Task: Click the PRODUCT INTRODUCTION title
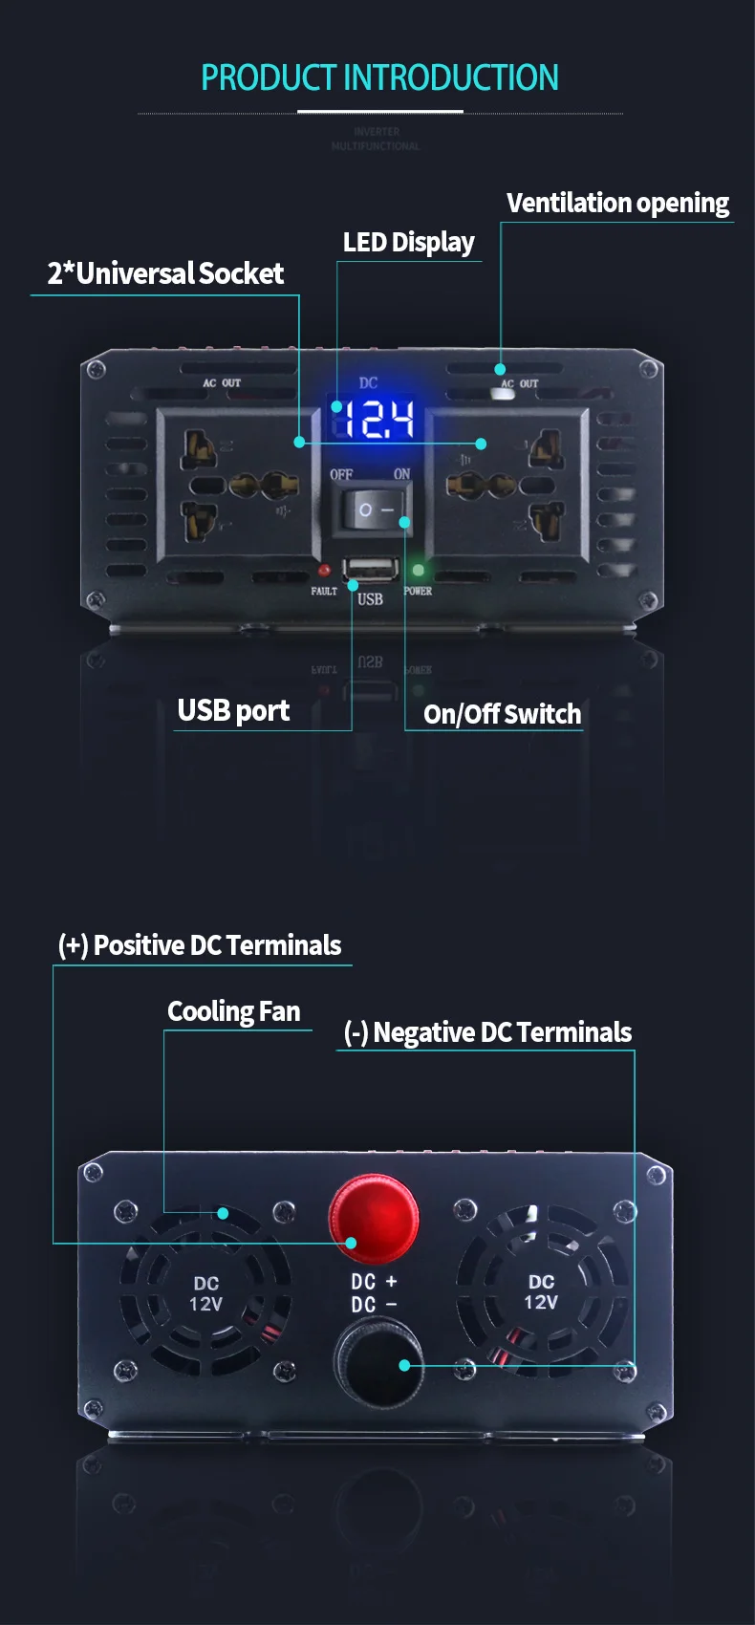pos(379,77)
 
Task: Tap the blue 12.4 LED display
pos(377,419)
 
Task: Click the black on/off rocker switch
pos(374,509)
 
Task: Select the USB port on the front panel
pos(371,570)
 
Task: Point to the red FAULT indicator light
pos(325,571)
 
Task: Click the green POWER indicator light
pos(418,571)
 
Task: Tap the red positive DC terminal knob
pos(373,1220)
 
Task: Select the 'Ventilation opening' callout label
pos(617,203)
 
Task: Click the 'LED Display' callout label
pos(408,242)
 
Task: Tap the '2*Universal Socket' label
pos(165,273)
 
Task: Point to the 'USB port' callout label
pos(233,710)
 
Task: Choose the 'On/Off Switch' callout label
pos(502,714)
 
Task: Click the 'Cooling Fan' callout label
pos(234,1011)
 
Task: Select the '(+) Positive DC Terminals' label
pos(200,945)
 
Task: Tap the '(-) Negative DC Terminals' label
pos(487,1032)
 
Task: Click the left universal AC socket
pos(237,485)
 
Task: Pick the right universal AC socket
pos(507,485)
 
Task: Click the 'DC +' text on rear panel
pos(374,1282)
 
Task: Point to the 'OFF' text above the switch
pos(341,474)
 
